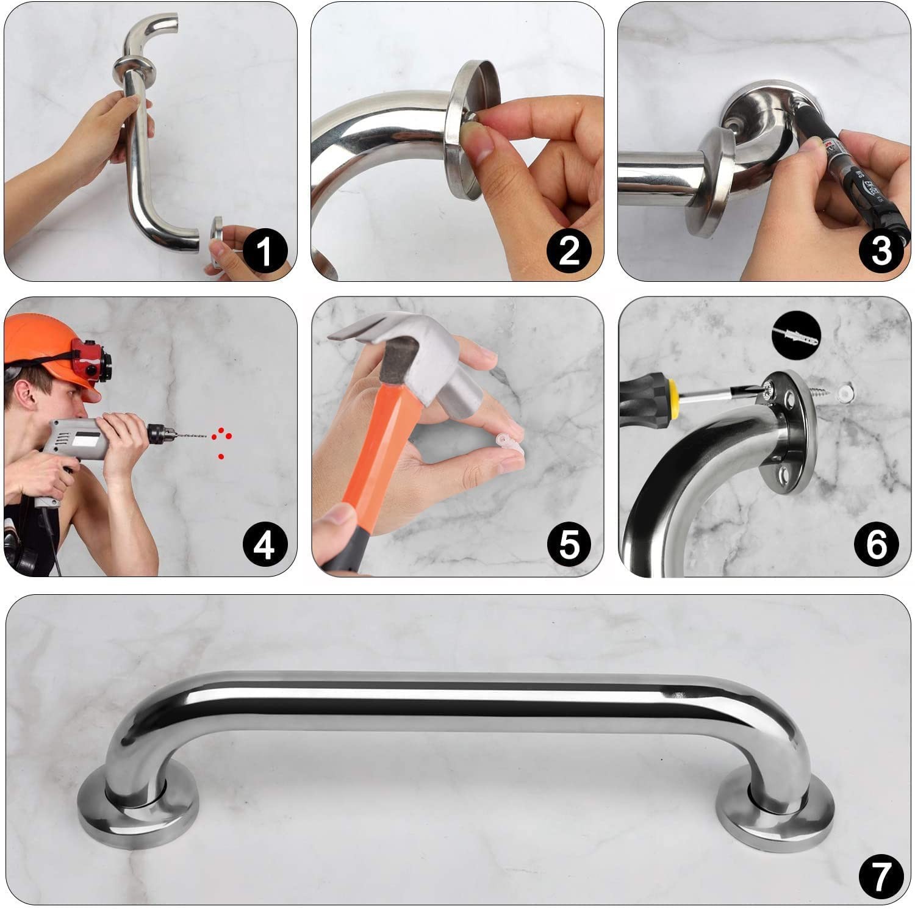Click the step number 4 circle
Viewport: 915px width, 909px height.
tap(264, 545)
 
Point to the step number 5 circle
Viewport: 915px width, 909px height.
tap(569, 545)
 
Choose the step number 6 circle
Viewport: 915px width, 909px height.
tap(876, 545)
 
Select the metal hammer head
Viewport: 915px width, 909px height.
tap(396, 354)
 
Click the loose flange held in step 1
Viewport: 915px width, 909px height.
tap(218, 241)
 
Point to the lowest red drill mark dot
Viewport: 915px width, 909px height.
tap(221, 456)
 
